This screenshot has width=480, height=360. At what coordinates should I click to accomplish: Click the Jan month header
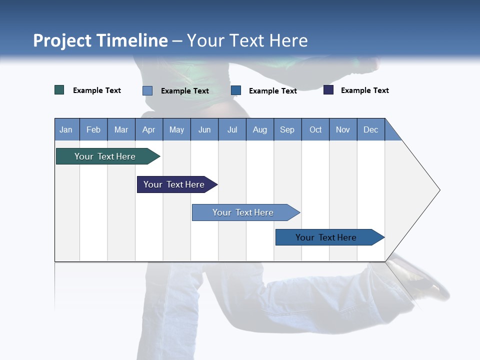pyautogui.click(x=66, y=129)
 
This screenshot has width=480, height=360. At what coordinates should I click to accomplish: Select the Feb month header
pyautogui.click(x=93, y=129)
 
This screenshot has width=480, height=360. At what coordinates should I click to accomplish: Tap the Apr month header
pyautogui.click(x=148, y=129)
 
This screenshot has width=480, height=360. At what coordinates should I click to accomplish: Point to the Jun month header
pyautogui.click(x=204, y=129)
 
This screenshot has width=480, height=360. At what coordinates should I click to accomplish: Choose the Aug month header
pyautogui.click(x=259, y=129)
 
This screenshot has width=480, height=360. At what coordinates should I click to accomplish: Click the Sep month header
pyautogui.click(x=287, y=129)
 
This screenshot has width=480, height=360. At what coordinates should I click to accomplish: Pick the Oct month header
pyautogui.click(x=315, y=129)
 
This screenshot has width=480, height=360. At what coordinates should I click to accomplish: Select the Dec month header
pyautogui.click(x=370, y=129)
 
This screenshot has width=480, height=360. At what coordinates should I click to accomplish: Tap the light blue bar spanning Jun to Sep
pyautogui.click(x=244, y=212)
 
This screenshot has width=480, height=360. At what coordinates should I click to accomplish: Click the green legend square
pyautogui.click(x=59, y=90)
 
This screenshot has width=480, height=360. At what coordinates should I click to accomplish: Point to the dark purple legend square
pyautogui.click(x=328, y=90)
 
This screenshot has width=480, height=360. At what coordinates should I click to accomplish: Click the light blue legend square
pyautogui.click(x=147, y=90)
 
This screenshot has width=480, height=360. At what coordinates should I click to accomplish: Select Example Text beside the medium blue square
pyautogui.click(x=272, y=91)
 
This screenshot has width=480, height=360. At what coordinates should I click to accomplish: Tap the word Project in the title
pyautogui.click(x=62, y=40)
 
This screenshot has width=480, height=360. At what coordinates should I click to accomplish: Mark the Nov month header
pyautogui.click(x=343, y=129)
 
